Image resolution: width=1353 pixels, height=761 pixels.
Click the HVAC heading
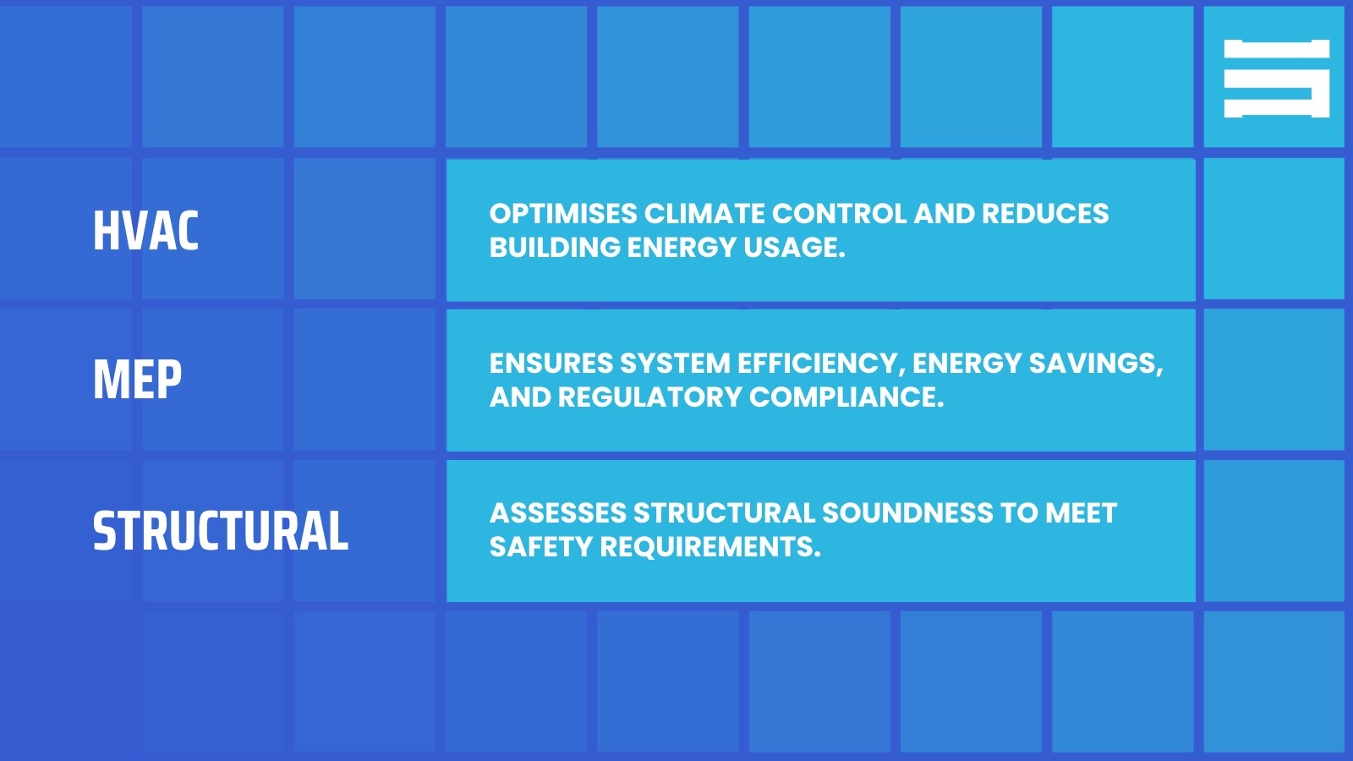(x=145, y=231)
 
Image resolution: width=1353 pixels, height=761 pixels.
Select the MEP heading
(x=137, y=380)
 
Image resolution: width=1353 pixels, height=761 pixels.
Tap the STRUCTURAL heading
(x=220, y=531)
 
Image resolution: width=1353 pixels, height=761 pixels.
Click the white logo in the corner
(x=1276, y=78)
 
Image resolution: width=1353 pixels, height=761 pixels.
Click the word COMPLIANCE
(x=846, y=397)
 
